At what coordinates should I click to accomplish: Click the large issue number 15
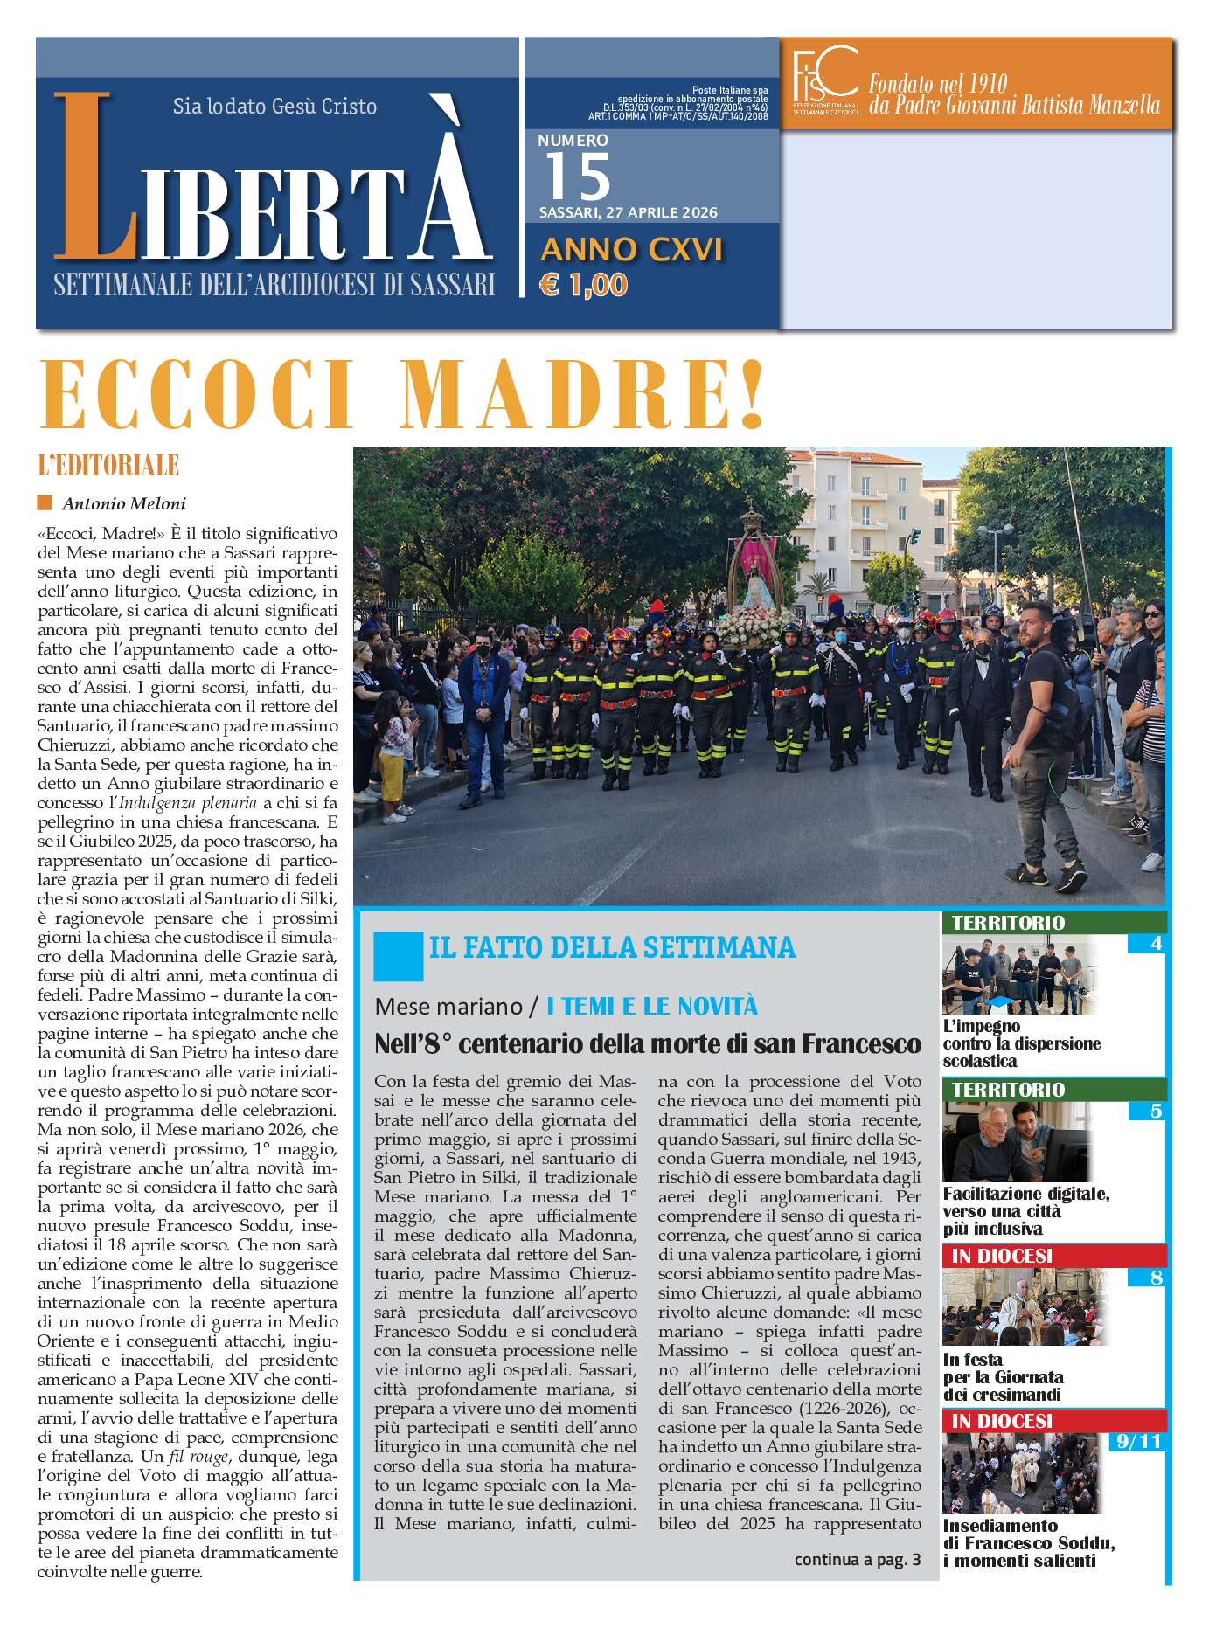(x=577, y=177)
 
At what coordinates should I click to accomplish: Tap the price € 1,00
(x=584, y=285)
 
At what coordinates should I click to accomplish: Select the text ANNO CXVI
(x=631, y=250)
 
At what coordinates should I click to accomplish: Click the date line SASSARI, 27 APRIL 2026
(x=628, y=212)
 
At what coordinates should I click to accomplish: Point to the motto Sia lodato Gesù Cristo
(x=274, y=107)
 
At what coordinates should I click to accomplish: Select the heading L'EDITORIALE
(x=108, y=465)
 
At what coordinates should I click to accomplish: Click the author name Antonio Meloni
(x=123, y=503)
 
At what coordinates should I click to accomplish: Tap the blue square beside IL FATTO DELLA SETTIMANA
(x=398, y=956)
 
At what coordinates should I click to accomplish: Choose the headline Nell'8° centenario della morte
(x=647, y=1043)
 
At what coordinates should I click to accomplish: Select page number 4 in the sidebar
(x=1156, y=943)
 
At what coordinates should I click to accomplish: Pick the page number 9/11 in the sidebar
(x=1138, y=1441)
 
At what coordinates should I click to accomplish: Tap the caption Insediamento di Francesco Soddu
(x=1028, y=1542)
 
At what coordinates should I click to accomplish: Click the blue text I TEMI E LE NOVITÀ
(x=651, y=1007)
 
